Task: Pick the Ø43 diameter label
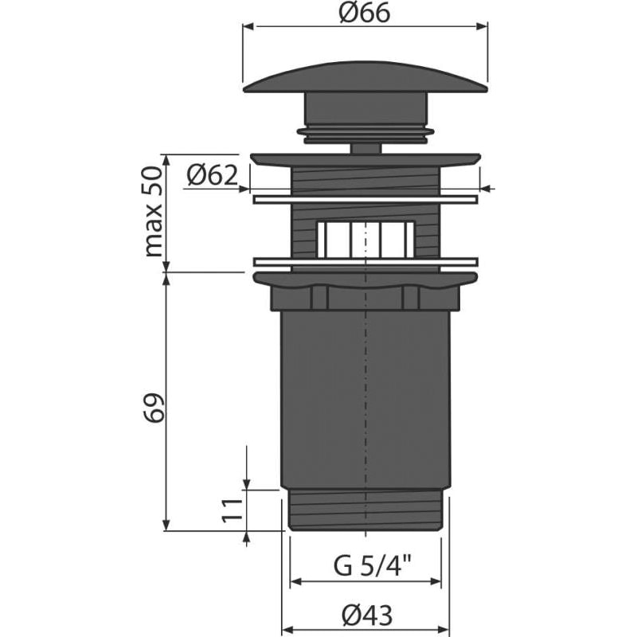pyautogui.click(x=368, y=614)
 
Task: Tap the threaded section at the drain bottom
pyautogui.click(x=365, y=510)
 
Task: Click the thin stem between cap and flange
pyautogui.click(x=365, y=147)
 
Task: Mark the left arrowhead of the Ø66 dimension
pyautogui.click(x=248, y=27)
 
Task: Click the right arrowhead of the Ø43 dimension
pyautogui.click(x=446, y=627)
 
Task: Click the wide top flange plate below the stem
pyautogui.click(x=365, y=159)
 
